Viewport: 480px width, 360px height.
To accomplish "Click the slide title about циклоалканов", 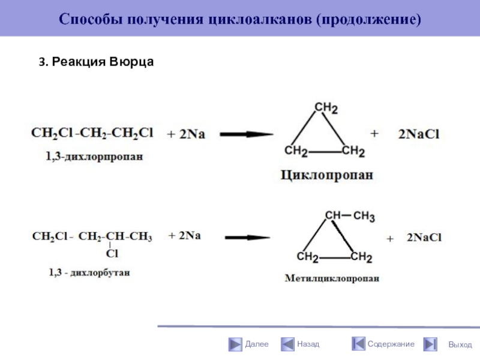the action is point(240,19).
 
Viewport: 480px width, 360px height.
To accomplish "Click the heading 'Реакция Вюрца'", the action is point(97,62).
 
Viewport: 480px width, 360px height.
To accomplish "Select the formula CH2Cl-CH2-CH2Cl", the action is point(92,133).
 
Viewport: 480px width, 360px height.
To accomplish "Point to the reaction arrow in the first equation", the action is point(246,134).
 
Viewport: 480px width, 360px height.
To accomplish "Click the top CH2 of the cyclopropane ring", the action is point(326,108).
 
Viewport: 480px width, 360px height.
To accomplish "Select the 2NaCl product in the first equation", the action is point(419,135).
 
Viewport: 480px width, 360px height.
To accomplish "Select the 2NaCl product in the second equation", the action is point(424,238).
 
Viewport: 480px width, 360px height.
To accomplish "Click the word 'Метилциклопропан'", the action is point(332,278).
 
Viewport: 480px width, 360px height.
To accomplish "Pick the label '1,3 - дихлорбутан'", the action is point(89,272).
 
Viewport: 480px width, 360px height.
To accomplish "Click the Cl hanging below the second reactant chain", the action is point(112,254).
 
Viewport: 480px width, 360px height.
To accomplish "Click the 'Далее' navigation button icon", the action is point(234,344).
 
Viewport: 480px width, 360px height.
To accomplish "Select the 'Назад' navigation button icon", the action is point(286,344).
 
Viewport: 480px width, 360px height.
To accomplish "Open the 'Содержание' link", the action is point(391,344).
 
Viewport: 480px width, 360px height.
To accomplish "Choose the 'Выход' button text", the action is point(460,345).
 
